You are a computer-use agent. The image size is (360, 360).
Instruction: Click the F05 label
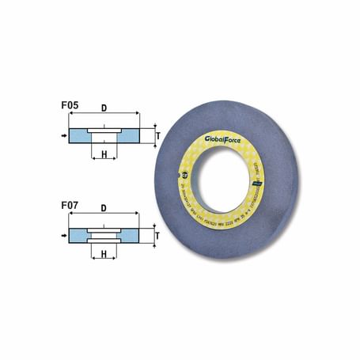pyautogui.click(x=69, y=103)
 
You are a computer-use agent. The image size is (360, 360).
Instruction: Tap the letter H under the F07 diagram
pyautogui.click(x=104, y=255)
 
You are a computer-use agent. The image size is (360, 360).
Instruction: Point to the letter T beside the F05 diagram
pyautogui.click(x=158, y=135)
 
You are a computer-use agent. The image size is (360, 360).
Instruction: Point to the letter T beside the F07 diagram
pyautogui.click(x=158, y=236)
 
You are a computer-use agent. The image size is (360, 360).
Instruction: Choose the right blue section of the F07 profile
pyautogui.click(x=133, y=236)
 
